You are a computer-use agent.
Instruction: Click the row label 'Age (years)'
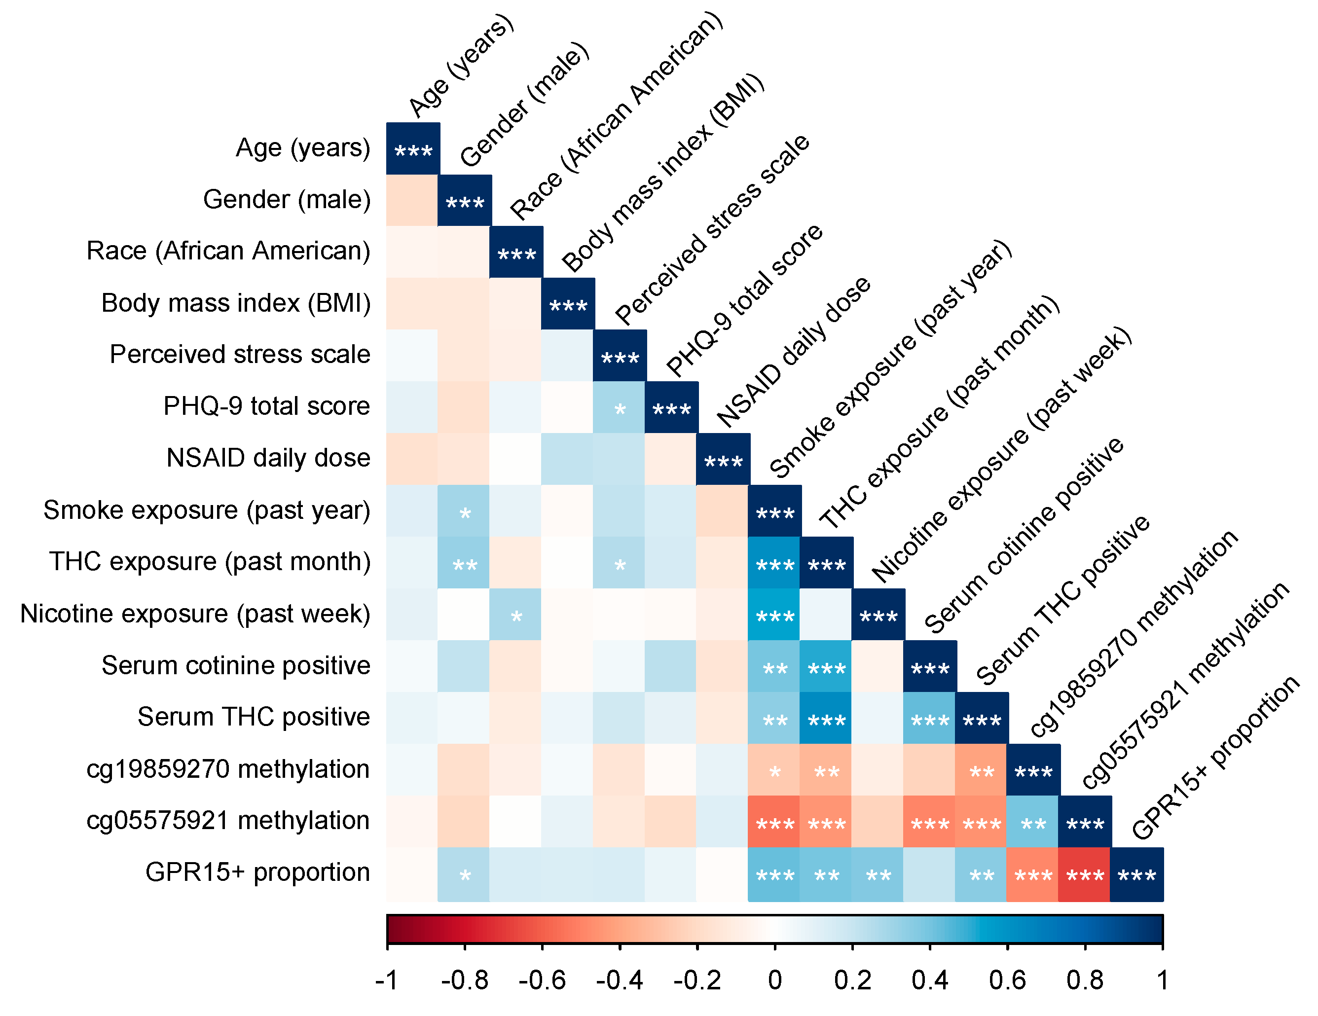pyautogui.click(x=302, y=148)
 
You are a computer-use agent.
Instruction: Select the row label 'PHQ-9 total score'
pyautogui.click(x=266, y=406)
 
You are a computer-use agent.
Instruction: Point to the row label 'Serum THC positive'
pyautogui.click(x=254, y=717)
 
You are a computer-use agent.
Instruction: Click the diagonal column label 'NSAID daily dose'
pyautogui.click(x=793, y=352)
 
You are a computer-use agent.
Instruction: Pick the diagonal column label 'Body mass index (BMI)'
pyautogui.click(x=662, y=173)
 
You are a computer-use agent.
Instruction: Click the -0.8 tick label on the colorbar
pyautogui.click(x=464, y=980)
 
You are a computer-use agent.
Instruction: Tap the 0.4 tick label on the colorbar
pyautogui.click(x=929, y=980)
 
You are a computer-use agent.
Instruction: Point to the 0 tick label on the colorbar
pyautogui.click(x=775, y=980)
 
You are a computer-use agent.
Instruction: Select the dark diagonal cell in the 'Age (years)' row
pyautogui.click(x=413, y=149)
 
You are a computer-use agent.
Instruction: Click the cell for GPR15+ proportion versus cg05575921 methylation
pyautogui.click(x=1085, y=874)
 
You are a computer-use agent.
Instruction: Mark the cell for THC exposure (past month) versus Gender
pyautogui.click(x=464, y=564)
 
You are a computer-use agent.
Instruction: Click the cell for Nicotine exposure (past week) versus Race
pyautogui.click(x=516, y=616)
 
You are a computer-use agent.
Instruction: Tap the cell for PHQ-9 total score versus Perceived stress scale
pyautogui.click(x=619, y=408)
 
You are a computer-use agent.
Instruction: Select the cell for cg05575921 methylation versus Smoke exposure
pyautogui.click(x=774, y=822)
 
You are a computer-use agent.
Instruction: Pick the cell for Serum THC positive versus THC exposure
pyautogui.click(x=826, y=719)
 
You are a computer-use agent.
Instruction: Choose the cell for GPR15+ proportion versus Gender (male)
pyautogui.click(x=464, y=874)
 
